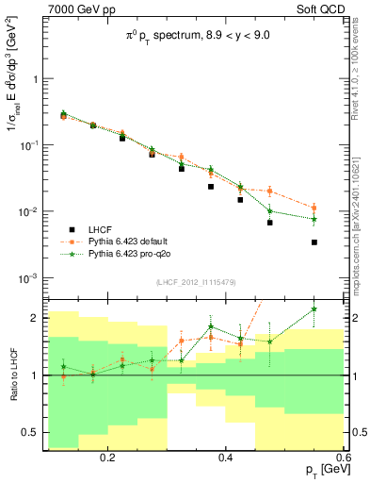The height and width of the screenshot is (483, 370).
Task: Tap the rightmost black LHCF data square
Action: click(314, 242)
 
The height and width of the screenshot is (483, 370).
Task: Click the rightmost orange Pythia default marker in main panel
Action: click(314, 208)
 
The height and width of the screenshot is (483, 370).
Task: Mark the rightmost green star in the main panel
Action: click(314, 219)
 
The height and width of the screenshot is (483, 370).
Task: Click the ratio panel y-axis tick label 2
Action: click(35, 318)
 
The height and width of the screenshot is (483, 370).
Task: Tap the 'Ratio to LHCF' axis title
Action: click(11, 375)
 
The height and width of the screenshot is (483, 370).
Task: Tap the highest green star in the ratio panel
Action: click(314, 308)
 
